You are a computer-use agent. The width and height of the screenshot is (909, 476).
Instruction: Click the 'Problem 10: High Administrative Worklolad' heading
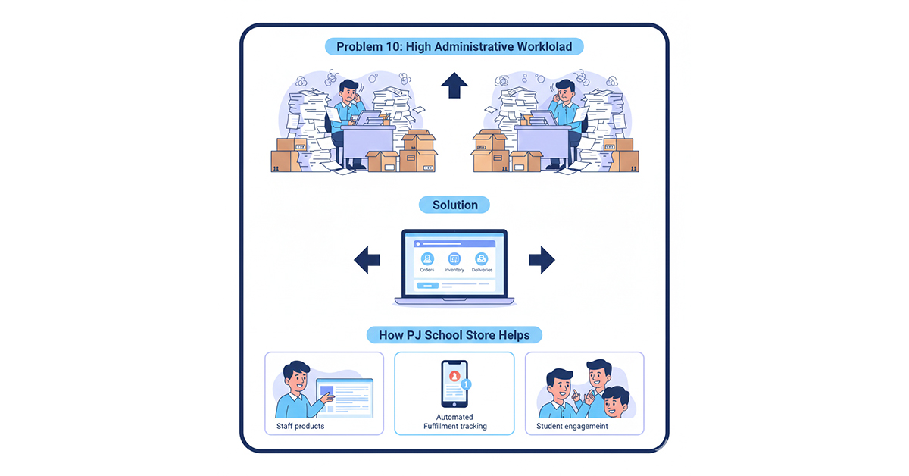(454, 46)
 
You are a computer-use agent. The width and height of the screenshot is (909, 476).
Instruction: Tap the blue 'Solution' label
(454, 205)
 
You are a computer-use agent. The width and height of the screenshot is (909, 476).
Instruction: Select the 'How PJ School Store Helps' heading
(454, 334)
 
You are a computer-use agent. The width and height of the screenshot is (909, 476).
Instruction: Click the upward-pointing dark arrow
(454, 85)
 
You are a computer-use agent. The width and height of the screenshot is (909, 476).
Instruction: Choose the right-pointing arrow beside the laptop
(542, 260)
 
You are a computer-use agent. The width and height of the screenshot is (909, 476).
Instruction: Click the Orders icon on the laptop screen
(427, 259)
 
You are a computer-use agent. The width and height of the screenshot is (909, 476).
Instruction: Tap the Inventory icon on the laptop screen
(454, 259)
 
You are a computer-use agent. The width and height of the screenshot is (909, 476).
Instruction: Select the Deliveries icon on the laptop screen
(482, 259)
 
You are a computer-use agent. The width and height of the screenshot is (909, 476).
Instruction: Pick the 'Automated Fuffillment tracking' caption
(454, 421)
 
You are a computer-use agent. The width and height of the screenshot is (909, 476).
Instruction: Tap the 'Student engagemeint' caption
(572, 426)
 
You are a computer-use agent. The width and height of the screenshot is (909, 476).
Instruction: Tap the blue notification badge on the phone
(467, 385)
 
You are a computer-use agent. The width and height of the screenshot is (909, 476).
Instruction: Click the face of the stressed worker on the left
(348, 97)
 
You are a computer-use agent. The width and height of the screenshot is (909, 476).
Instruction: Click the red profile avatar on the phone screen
(454, 376)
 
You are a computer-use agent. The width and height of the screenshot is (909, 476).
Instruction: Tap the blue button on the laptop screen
(428, 286)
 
